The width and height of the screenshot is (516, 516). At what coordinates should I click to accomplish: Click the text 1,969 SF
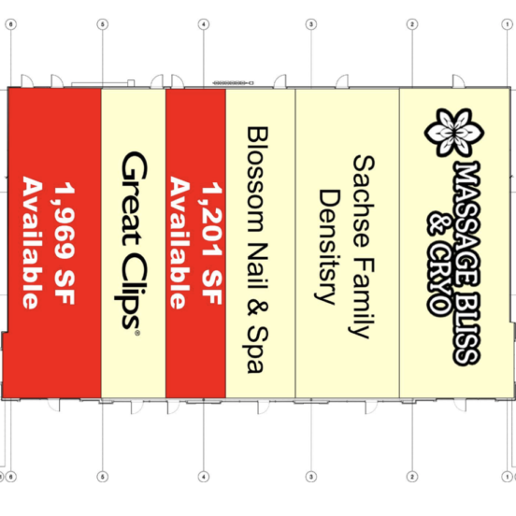64,243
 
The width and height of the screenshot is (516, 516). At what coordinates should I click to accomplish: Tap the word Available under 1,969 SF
33,243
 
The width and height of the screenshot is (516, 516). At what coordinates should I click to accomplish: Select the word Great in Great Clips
134,198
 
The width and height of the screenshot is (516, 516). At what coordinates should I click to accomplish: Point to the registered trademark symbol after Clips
137,333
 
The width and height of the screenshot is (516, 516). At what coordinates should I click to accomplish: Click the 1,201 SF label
211,243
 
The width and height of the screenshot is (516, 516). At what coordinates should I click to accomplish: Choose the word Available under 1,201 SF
179,243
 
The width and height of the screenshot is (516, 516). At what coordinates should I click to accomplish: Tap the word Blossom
257,179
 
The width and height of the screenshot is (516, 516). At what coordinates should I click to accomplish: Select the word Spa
257,350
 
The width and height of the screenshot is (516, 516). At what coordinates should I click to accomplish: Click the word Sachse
364,201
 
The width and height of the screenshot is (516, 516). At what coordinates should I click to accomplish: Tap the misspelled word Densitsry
327,247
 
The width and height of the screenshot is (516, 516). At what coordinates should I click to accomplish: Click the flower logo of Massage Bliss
454,132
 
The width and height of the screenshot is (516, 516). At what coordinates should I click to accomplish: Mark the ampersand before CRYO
439,223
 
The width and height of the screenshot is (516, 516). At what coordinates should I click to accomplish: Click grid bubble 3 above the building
311,24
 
